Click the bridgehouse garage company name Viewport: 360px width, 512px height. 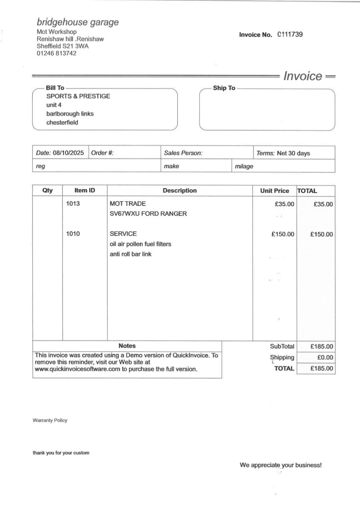coord(78,22)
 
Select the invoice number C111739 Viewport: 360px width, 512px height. coord(290,35)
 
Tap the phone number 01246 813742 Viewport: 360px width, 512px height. coord(57,53)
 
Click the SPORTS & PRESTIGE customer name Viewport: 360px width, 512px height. coord(78,96)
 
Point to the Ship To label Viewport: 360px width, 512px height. coord(224,88)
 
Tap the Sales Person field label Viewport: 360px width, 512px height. coord(183,153)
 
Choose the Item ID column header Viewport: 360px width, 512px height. coord(85,191)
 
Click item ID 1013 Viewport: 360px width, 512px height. coord(73,203)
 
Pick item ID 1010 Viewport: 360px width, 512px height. coord(73,234)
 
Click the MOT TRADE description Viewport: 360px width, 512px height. coord(128,204)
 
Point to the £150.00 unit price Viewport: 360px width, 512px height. coord(283,234)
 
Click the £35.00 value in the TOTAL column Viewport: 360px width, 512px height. coord(323,204)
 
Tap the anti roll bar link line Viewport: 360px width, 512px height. coord(131,254)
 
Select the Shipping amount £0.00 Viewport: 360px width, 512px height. coord(326,358)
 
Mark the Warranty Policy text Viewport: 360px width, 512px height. coord(50,421)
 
